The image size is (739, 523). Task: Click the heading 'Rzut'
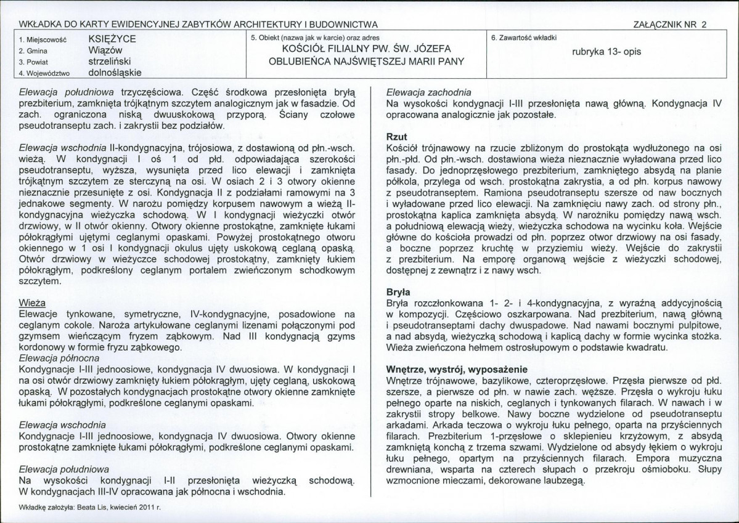[x=396, y=137]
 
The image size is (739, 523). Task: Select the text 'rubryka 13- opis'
[x=606, y=52]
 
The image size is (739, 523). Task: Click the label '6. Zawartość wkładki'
[x=523, y=38]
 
